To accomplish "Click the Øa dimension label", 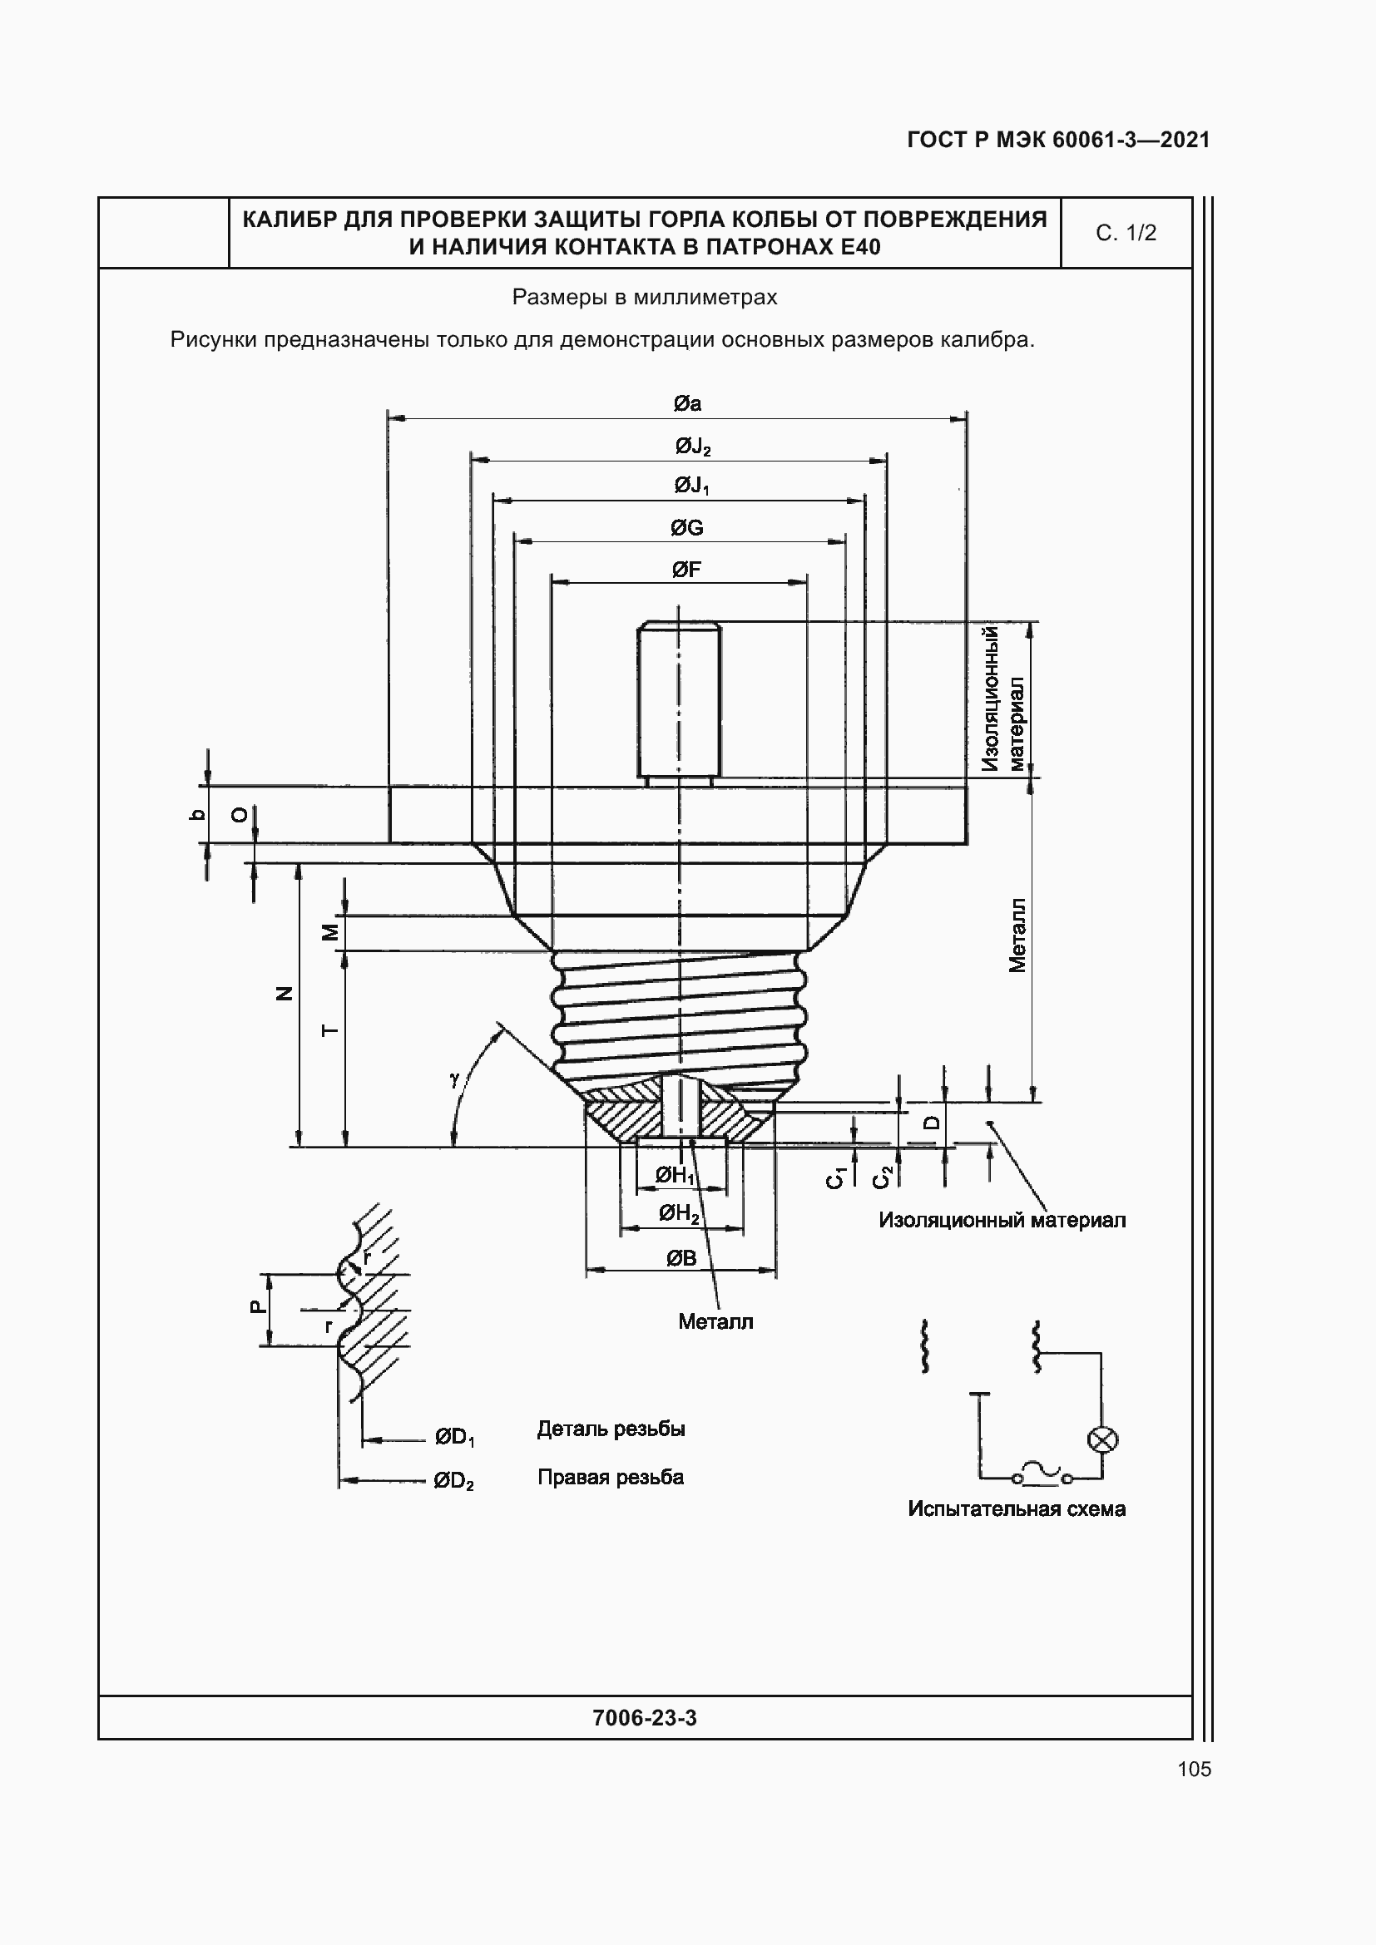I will point(687,404).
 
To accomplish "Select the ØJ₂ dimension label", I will point(692,446).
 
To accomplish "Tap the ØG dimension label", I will point(686,528).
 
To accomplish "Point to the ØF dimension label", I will point(686,570).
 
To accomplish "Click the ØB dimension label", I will point(681,1258).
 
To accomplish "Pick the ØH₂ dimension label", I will point(680,1214).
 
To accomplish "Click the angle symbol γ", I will point(455,1079).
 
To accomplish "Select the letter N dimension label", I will point(285,994).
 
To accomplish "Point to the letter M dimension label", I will point(330,932).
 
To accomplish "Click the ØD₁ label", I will point(454,1437).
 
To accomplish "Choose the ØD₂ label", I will point(453,1481).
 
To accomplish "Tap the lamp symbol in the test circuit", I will point(1101,1439).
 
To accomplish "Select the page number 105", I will point(1194,1769).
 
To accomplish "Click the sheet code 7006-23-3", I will point(645,1717).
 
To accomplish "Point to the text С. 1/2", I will point(1126,233).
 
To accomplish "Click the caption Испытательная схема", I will point(1016,1508).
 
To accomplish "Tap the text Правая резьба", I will point(610,1478).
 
